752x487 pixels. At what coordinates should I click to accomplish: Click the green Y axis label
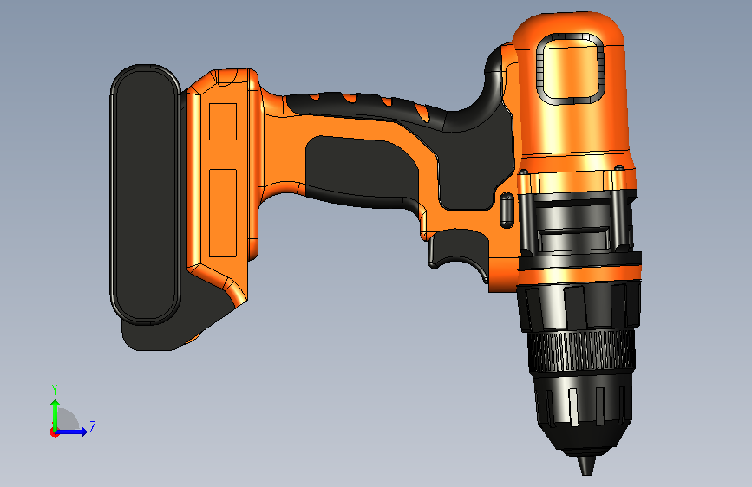55,389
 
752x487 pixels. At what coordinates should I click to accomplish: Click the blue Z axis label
93,426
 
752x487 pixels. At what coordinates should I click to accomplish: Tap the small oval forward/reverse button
507,210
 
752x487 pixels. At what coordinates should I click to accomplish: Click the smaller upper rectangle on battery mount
223,121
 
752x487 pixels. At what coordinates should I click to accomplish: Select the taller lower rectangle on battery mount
223,213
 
